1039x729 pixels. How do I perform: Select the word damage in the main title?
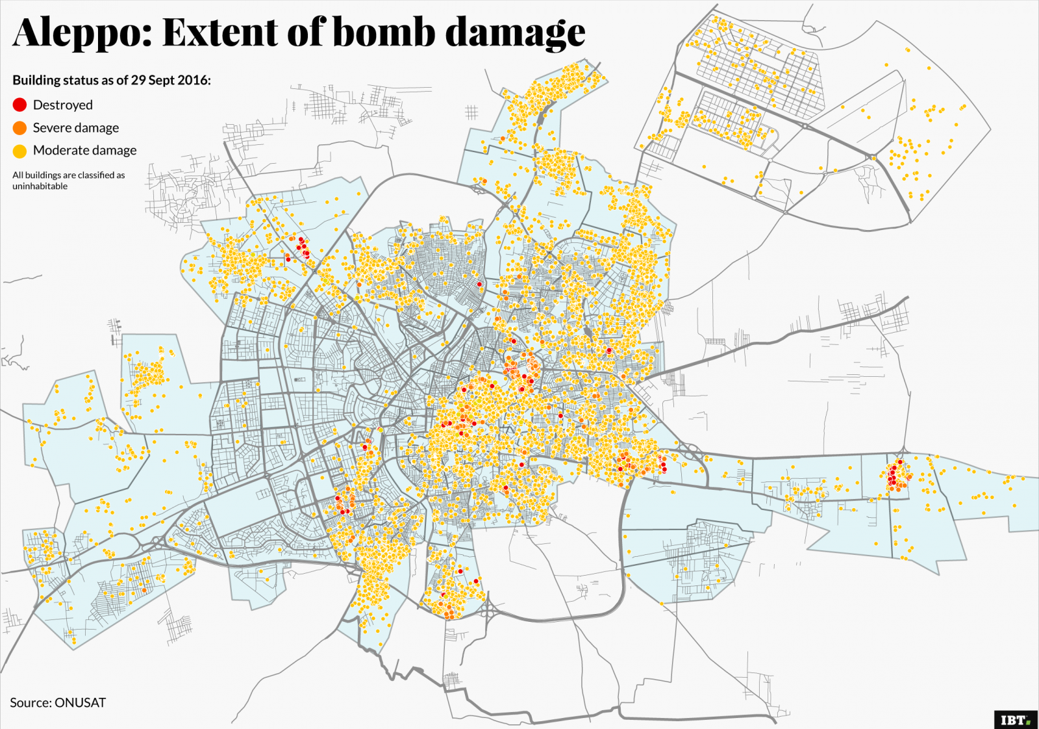coord(515,32)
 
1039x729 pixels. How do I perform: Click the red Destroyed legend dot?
coord(19,105)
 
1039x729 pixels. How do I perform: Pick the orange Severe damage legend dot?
coord(19,128)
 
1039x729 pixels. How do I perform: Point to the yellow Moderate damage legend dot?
coord(19,151)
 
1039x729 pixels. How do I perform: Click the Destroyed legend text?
coord(62,105)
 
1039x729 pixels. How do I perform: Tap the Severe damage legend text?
coord(75,128)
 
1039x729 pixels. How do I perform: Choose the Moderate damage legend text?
coord(84,150)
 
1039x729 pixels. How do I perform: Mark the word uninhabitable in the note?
coord(40,186)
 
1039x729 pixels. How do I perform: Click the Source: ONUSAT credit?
coord(57,702)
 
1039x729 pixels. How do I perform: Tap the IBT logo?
coord(1015,719)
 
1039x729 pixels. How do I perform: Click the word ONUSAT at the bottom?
coord(80,702)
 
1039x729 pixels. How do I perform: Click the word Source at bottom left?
coord(30,702)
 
